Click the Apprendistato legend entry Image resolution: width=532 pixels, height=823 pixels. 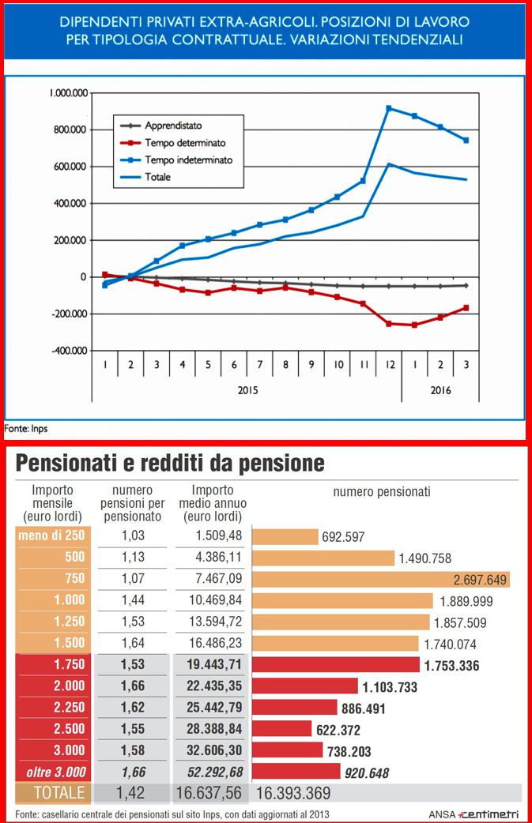[x=161, y=126]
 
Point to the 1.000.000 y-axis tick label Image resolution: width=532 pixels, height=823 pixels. [x=69, y=93]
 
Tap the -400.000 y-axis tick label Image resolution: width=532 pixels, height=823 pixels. [x=70, y=351]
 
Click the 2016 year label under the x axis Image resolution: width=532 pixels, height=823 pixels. [x=440, y=390]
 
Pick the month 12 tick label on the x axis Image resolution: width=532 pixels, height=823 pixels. [x=390, y=365]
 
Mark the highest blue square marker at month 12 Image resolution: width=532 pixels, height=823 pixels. [x=389, y=109]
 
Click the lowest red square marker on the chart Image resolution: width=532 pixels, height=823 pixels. [x=415, y=325]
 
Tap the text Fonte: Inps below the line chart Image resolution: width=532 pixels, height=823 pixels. [x=26, y=429]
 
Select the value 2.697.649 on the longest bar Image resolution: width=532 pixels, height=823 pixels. [x=480, y=580]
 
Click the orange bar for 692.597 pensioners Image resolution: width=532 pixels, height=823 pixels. [x=285, y=537]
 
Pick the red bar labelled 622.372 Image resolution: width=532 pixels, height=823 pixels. [x=282, y=728]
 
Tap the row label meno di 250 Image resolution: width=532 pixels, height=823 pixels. [x=51, y=536]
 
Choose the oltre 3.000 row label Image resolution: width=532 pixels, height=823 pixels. [x=56, y=772]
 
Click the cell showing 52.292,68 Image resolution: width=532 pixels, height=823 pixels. [x=215, y=772]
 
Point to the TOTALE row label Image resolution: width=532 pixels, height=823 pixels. [x=58, y=792]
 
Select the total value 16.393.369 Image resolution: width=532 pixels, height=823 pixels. [x=293, y=793]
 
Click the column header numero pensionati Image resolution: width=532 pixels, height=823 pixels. [x=382, y=492]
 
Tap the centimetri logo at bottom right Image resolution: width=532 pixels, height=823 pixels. [x=489, y=814]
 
